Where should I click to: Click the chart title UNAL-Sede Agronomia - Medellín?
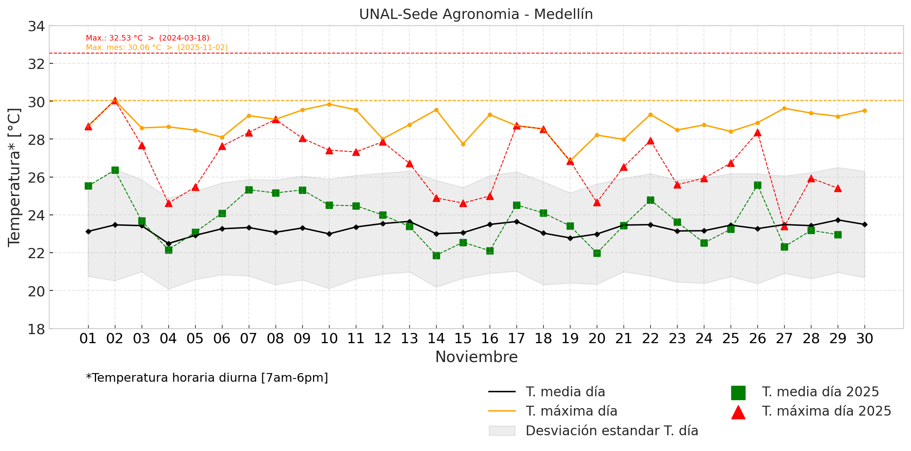(x=476, y=14)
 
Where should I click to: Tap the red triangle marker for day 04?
(x=168, y=203)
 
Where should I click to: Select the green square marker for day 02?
(x=115, y=170)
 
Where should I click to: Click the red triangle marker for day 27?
(x=784, y=227)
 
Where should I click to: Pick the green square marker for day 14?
(x=436, y=256)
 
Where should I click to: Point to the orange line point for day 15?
(x=463, y=144)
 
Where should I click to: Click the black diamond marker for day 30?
(x=865, y=225)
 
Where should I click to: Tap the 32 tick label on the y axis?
(x=36, y=64)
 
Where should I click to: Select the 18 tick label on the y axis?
(x=36, y=329)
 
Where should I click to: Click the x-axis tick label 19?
(x=570, y=339)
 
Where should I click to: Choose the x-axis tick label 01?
(x=88, y=339)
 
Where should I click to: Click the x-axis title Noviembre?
(x=476, y=357)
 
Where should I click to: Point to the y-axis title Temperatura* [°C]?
(x=14, y=177)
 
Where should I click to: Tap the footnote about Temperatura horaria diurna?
(x=207, y=378)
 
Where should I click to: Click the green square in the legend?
(x=738, y=393)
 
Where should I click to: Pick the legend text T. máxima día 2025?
(x=826, y=411)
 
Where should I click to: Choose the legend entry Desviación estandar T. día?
(x=612, y=431)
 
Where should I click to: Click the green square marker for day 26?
(x=757, y=185)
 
